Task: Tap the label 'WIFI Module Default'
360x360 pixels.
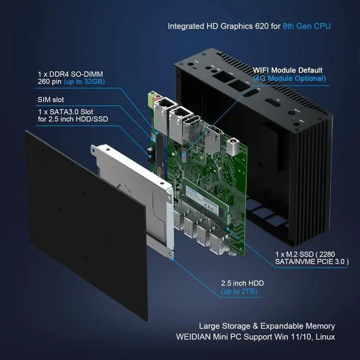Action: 290,70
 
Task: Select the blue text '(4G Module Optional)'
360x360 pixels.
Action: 290,78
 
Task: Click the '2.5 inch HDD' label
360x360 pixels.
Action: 241,282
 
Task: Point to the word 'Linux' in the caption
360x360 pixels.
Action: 324,336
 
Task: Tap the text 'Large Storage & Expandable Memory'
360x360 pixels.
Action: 267,326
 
